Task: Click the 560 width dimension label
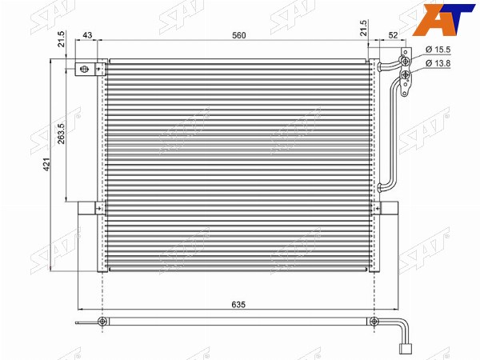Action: [x=238, y=35]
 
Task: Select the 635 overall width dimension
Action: [x=238, y=305]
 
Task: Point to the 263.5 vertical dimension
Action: [x=62, y=134]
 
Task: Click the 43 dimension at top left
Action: [x=87, y=35]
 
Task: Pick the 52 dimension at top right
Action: [x=393, y=35]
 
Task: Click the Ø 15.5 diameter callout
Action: [x=438, y=50]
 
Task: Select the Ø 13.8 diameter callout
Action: [x=438, y=63]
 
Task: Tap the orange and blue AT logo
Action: [x=443, y=19]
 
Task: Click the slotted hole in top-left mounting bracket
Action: [x=84, y=69]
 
